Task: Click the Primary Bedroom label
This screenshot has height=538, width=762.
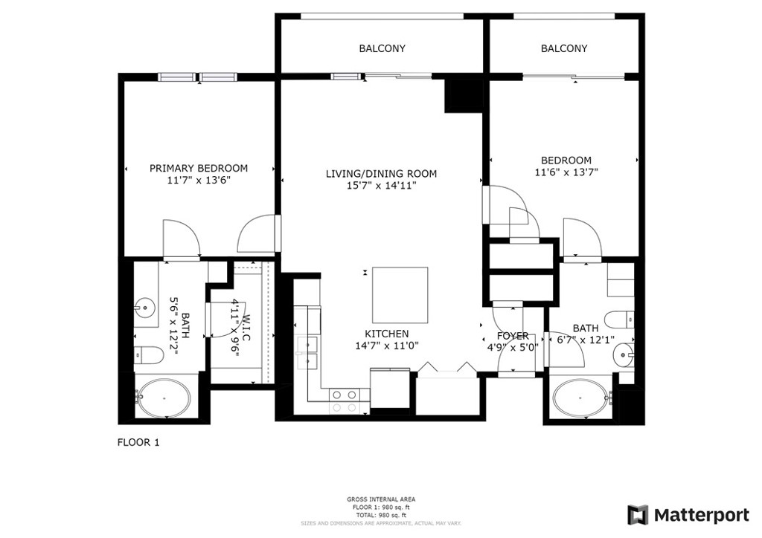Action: coord(198,169)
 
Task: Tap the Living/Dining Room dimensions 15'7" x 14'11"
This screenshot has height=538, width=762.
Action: coord(381,185)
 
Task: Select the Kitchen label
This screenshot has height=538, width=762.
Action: coord(387,334)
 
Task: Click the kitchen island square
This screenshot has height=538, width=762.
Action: coord(400,295)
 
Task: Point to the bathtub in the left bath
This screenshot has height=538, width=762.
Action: coord(164,398)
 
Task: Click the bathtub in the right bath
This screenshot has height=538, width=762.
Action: coord(581,398)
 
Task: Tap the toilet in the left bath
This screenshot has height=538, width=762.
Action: coord(148,355)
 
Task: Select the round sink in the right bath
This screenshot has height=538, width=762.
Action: coord(624,355)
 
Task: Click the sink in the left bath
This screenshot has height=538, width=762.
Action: coord(144,307)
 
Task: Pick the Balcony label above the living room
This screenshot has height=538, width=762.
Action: coord(382,48)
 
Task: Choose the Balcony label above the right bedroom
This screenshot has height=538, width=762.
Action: coord(564,48)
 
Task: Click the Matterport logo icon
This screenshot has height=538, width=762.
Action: coord(638,515)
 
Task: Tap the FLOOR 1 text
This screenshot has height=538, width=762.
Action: coord(138,442)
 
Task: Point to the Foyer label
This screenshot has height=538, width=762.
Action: coord(513,336)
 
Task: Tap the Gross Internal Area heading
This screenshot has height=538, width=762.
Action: coord(381,499)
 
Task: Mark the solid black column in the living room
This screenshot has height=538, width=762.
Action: coord(464,95)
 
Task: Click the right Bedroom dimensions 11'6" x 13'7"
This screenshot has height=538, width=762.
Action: coord(566,172)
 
